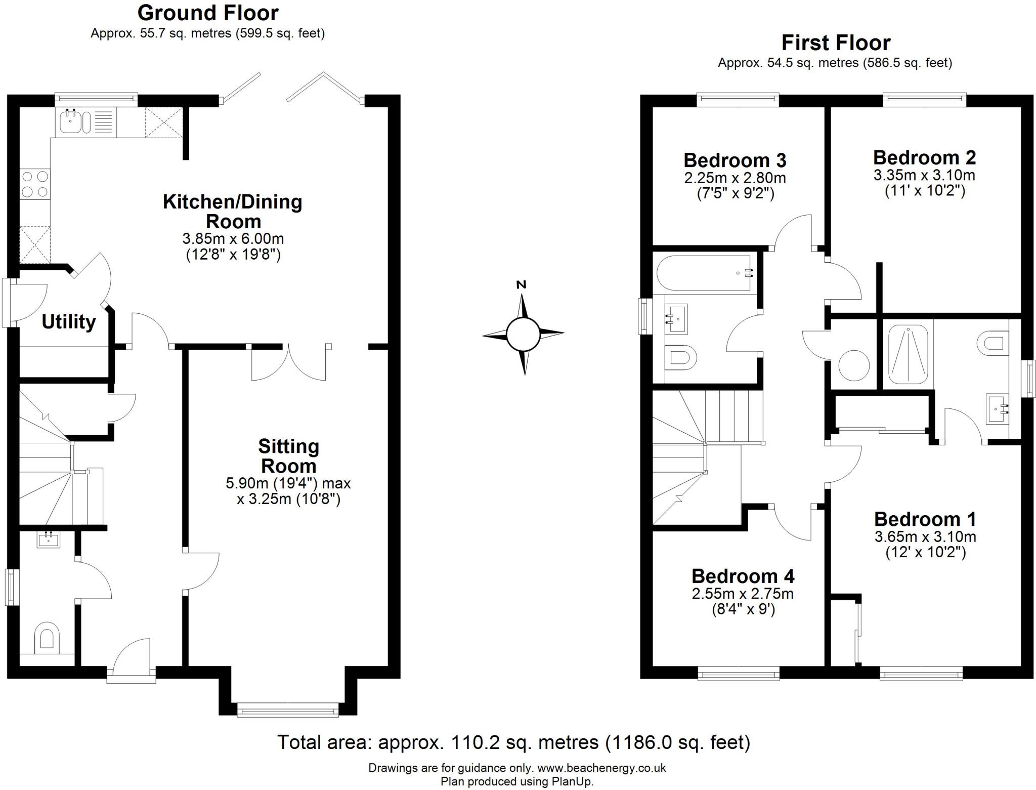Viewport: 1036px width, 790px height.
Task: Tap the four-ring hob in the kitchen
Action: coord(35,184)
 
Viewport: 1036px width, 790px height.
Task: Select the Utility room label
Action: coord(68,322)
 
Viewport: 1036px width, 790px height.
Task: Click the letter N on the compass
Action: coord(521,285)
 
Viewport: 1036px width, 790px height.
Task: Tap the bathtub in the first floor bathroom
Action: coord(704,273)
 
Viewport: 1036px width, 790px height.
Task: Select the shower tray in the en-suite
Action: coord(909,354)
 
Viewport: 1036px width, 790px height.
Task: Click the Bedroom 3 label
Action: coord(735,160)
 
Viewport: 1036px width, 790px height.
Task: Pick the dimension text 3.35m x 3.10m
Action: coord(924,176)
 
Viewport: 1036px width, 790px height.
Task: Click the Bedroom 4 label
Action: coord(743,576)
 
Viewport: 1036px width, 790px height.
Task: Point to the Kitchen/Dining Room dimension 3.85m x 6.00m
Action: coord(233,239)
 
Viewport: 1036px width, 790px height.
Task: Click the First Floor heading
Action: coord(836,43)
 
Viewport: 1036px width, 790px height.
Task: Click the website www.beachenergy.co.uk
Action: coord(601,768)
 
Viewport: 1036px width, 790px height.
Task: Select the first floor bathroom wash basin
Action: coord(676,318)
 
